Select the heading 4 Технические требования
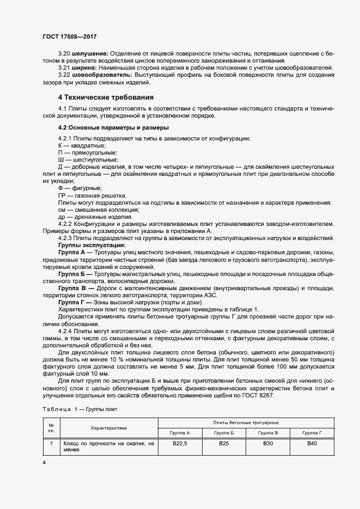(x=106, y=97)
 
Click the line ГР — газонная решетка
(x=92, y=195)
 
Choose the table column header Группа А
(x=179, y=433)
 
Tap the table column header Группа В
(x=269, y=433)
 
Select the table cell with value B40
(x=313, y=444)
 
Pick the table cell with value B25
(x=224, y=444)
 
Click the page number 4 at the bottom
(x=44, y=462)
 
